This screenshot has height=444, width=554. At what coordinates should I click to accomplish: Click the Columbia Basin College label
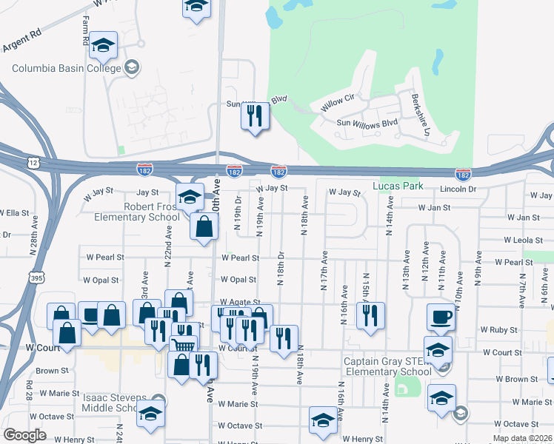[x=66, y=69]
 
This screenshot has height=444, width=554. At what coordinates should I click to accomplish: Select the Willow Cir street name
[x=338, y=102]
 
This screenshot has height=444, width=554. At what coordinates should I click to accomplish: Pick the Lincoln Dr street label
[x=457, y=189]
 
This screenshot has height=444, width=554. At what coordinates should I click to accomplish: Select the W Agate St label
[x=240, y=303]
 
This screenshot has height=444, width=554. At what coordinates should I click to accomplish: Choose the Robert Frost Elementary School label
[x=137, y=212]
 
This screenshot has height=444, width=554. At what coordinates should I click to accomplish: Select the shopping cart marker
[x=183, y=344]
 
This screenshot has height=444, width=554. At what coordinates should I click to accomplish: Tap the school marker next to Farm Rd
[x=104, y=44]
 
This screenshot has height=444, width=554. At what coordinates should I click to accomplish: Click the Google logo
[x=24, y=435]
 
